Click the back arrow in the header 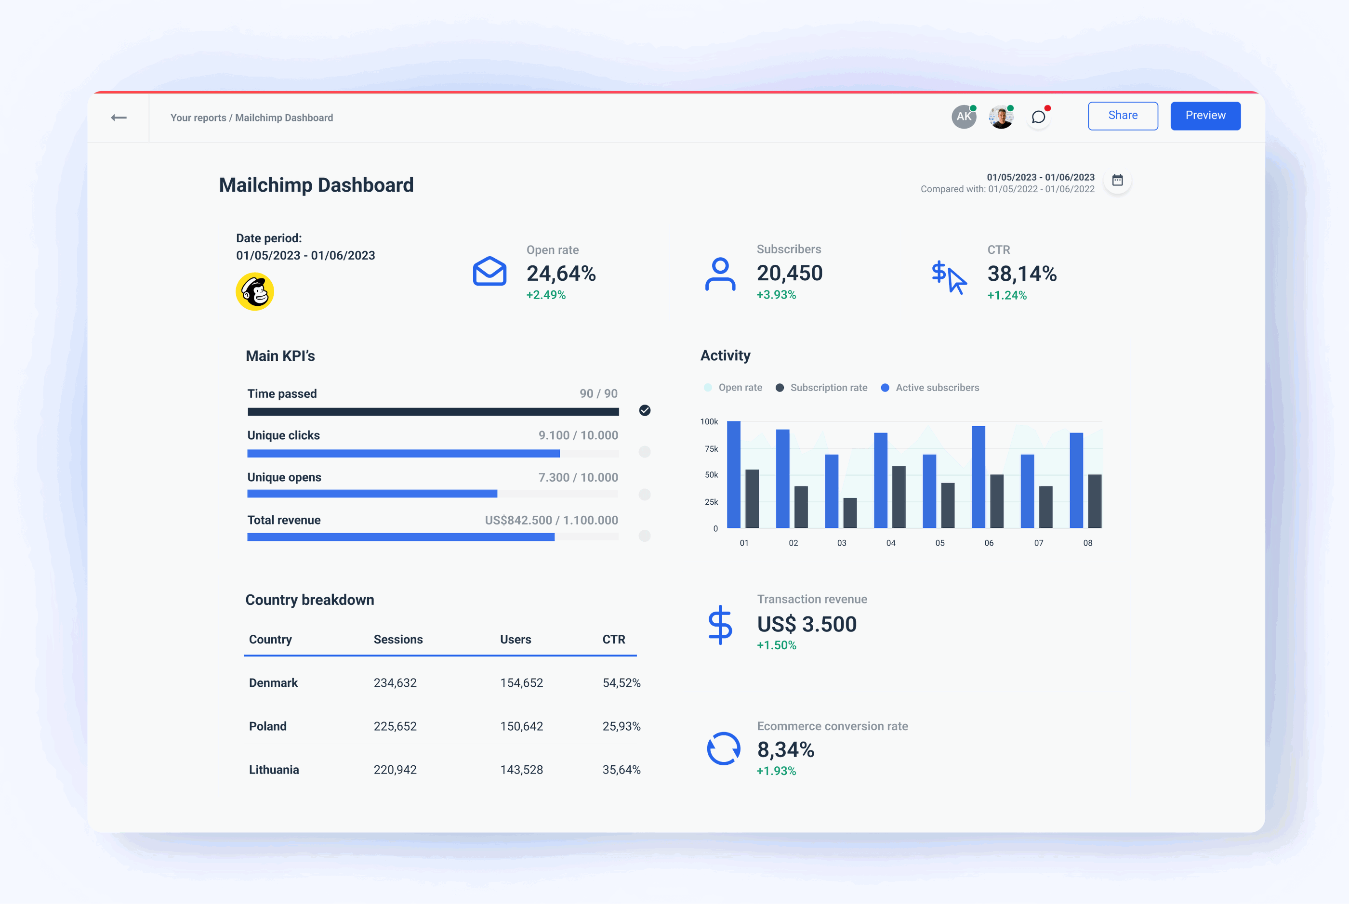pos(119,118)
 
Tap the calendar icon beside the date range pos(1117,181)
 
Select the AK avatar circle pos(963,117)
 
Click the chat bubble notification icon pos(1038,118)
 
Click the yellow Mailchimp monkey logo pos(255,292)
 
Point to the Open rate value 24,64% pos(561,273)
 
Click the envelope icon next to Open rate pos(489,271)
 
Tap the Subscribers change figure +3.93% pos(776,295)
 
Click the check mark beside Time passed pos(645,410)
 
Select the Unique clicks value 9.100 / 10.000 pos(578,435)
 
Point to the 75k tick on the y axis pos(711,448)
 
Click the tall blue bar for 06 pos(978,477)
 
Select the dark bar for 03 pos(849,512)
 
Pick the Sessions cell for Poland pos(395,726)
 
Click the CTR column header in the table pos(614,640)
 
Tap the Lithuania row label pos(274,770)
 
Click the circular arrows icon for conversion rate pos(723,748)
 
